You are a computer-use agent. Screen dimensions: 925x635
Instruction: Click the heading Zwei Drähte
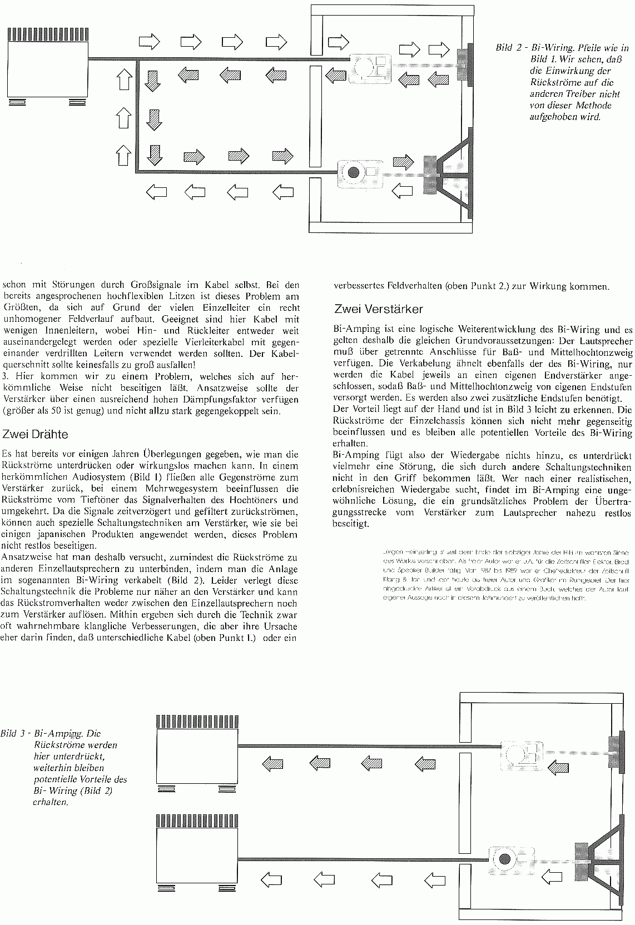tap(36, 434)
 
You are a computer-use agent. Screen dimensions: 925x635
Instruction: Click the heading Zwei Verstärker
tap(378, 309)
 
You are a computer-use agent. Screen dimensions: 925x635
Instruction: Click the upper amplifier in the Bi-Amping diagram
tap(197, 751)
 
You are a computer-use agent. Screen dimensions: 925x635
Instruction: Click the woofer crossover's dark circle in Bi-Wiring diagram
tap(352, 172)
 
